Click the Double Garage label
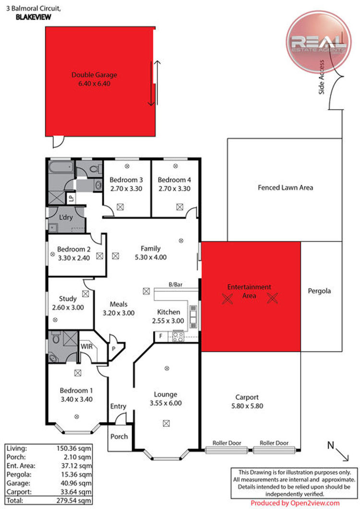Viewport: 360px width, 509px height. pos(94,75)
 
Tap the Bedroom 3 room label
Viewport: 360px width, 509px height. pos(126,180)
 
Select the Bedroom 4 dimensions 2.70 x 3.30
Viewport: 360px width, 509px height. pos(174,189)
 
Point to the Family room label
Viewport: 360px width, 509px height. pos(151,249)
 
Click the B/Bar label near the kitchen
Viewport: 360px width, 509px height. pos(175,285)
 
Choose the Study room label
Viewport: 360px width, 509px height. pos(68,299)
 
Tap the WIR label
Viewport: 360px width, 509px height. pos(87,346)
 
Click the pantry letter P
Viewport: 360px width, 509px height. pos(114,349)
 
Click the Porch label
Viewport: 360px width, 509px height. pos(119,436)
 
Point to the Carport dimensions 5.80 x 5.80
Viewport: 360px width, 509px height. pos(247,406)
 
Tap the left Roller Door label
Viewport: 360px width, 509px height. pos(227,443)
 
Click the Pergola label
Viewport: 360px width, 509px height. pos(319,291)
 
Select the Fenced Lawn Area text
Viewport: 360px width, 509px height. pos(285,188)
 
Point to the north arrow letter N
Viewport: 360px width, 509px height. pos(330,445)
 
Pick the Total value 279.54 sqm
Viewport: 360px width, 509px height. pos(74,500)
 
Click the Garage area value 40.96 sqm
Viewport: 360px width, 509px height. pos(76,484)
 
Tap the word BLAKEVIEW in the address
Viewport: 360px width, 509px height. pos(34,17)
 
